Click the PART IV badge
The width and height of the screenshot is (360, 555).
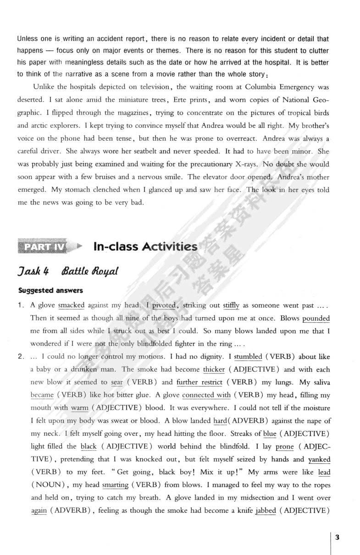pos(42,247)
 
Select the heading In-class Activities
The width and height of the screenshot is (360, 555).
pos(145,247)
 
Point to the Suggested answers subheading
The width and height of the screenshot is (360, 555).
pos(44,290)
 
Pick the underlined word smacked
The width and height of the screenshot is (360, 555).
pos(72,305)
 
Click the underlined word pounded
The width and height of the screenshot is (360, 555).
pos(316,318)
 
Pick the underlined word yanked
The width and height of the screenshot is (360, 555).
pos(319,459)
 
